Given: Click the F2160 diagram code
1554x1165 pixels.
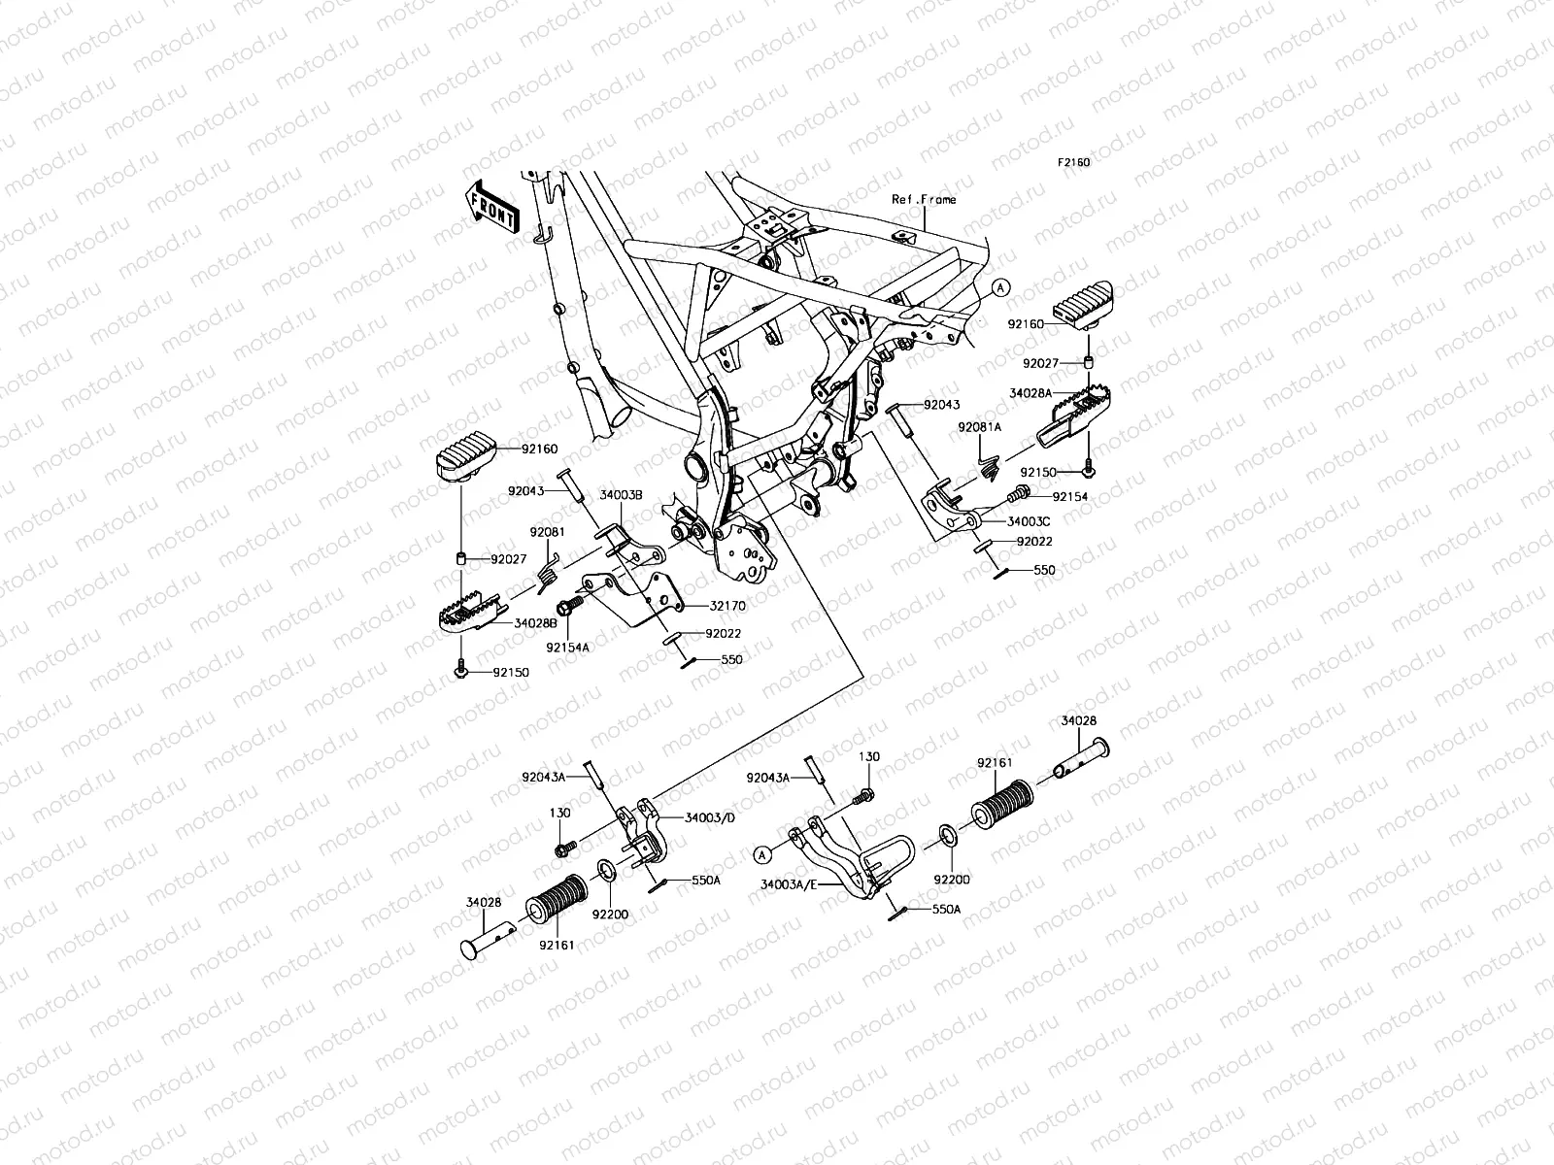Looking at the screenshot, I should [1073, 162].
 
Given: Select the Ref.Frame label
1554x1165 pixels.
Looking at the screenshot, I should [924, 199].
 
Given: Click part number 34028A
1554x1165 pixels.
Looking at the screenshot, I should [1030, 394].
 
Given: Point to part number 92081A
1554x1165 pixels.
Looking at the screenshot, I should [979, 427].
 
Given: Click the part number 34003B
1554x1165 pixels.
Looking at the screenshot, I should [621, 495].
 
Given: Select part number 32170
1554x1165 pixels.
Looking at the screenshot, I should [727, 606].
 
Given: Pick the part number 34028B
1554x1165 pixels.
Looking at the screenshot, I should [535, 622].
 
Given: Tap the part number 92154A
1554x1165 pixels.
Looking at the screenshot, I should [568, 647].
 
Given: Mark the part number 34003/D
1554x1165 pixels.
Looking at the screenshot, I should [710, 817].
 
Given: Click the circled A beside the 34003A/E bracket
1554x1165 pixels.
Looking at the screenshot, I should [763, 854].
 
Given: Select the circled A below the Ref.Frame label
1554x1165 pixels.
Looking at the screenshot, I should [1002, 287].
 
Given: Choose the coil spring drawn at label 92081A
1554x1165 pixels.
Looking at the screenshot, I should [989, 468].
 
